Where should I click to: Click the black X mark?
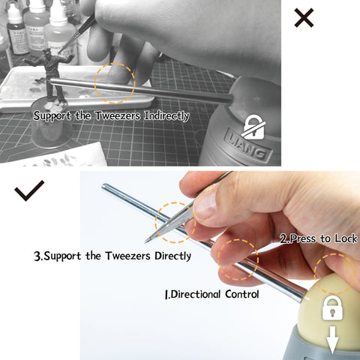tap(304, 17)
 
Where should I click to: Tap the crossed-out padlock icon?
tap(254, 127)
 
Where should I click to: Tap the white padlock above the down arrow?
tap(332, 307)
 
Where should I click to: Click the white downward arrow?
tap(332, 339)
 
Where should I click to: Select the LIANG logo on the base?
tap(248, 145)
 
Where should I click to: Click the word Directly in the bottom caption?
tap(172, 256)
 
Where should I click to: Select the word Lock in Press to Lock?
tap(346, 238)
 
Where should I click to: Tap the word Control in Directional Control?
tap(241, 294)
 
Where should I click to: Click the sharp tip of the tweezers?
tap(145, 242)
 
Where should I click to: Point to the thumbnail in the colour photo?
tap(205, 205)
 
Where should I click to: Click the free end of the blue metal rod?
tap(104, 186)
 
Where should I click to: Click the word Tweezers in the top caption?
tap(118, 116)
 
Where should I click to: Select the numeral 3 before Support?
tap(37, 256)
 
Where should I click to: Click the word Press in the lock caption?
tap(303, 238)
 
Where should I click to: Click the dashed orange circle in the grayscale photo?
tap(95, 83)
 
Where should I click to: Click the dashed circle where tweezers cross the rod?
tap(155, 223)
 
